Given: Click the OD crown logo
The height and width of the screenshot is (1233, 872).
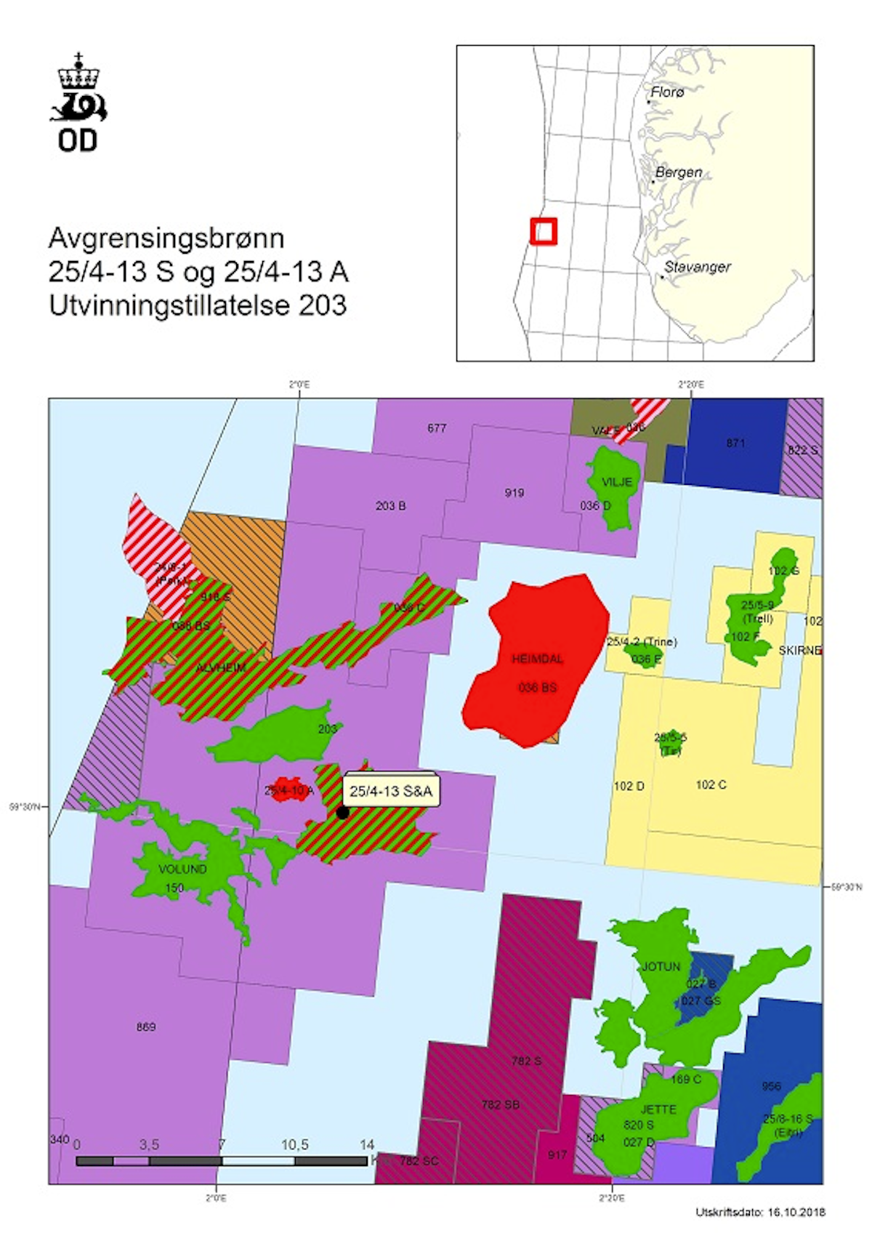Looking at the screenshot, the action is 78,102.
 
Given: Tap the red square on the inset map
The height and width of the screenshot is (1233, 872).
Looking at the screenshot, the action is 543,231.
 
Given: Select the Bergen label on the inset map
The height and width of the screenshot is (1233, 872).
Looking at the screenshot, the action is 679,172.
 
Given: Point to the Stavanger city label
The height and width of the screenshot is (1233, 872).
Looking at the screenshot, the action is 697,267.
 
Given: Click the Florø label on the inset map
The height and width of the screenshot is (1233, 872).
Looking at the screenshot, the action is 667,92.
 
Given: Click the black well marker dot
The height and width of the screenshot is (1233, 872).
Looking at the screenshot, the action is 342,812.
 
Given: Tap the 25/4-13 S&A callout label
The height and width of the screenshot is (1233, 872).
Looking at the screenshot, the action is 391,791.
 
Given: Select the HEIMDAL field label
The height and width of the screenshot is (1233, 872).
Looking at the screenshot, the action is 537,659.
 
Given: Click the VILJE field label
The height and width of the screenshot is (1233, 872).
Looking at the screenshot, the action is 617,482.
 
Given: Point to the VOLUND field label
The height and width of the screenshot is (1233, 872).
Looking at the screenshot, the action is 182,869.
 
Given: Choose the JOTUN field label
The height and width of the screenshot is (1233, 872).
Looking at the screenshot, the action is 661,966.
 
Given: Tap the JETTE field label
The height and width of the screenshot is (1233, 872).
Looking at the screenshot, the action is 658,1109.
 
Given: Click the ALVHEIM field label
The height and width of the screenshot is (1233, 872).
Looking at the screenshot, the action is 221,667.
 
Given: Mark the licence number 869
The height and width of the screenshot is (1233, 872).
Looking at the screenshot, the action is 145,1027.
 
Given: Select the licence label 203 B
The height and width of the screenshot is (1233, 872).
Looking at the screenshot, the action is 390,505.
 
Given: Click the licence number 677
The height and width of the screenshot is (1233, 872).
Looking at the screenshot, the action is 436,428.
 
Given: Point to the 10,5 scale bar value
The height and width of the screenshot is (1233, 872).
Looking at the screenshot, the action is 294,1145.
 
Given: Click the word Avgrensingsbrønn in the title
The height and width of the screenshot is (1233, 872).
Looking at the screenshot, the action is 166,238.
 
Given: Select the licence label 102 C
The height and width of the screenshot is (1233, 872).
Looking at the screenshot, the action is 711,784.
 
